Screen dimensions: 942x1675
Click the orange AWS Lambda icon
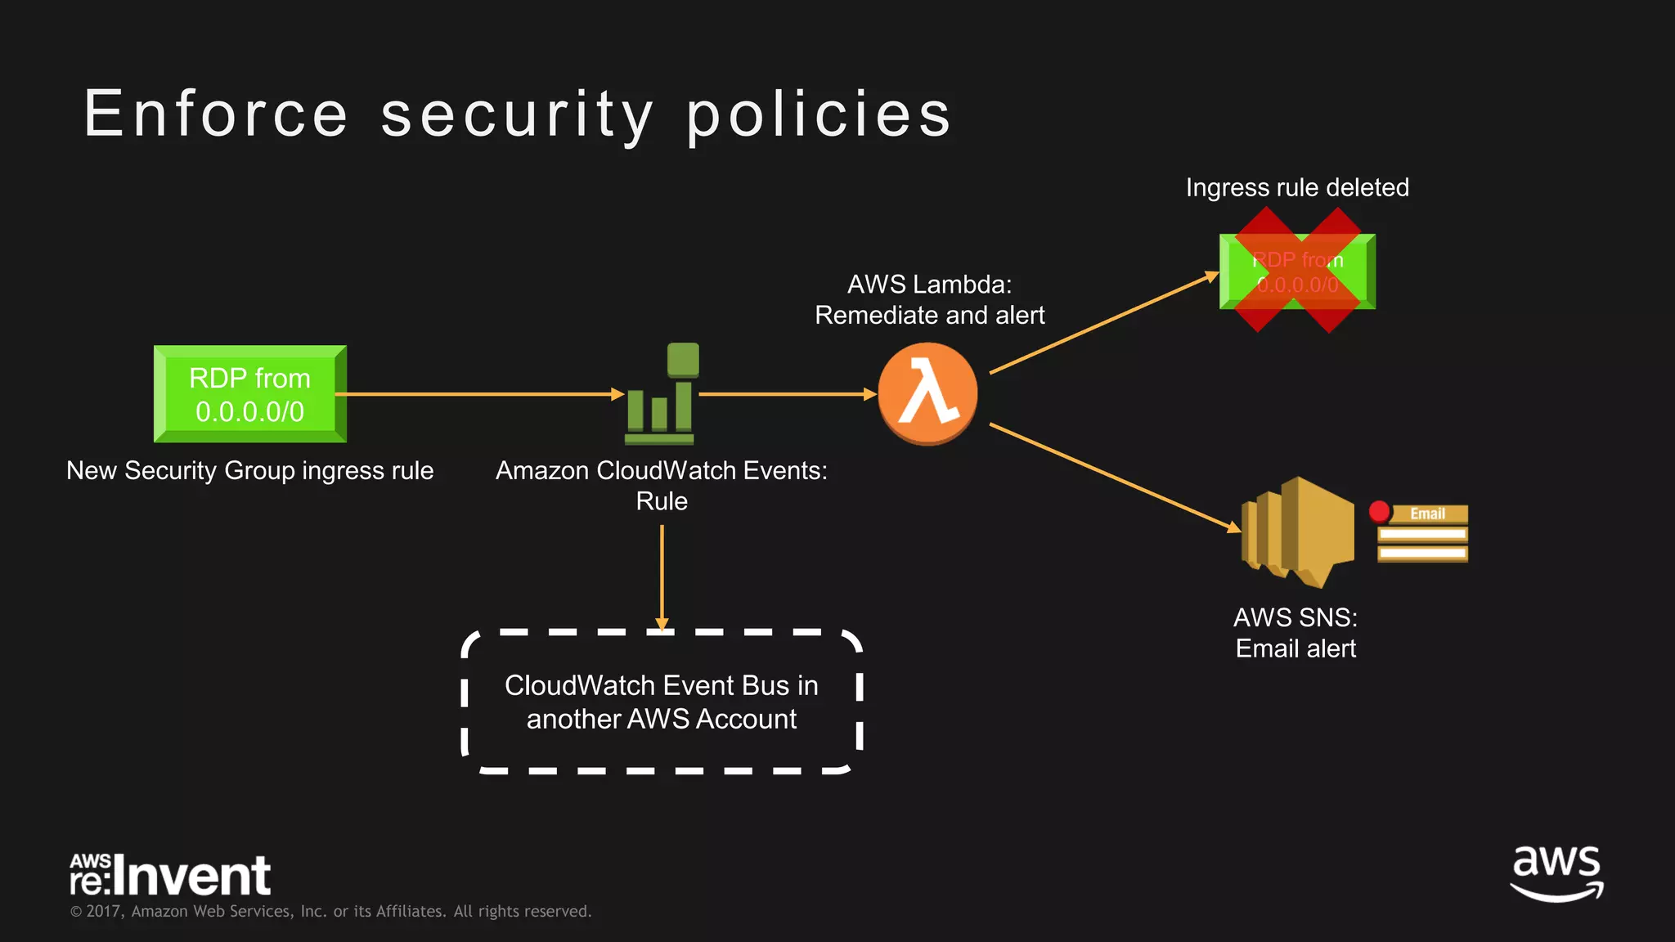pos(927,393)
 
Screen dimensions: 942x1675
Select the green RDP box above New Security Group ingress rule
pos(250,394)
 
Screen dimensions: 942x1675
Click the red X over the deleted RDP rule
pos(1297,271)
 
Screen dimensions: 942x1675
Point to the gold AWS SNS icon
pos(1297,532)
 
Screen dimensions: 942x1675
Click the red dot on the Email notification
pos(1379,512)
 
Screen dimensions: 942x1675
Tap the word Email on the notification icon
pos(1427,514)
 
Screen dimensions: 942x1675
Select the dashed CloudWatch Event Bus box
pos(662,702)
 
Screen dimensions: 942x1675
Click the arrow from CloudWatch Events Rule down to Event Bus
pos(662,576)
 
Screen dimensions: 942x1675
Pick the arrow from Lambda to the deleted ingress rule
pos(1104,323)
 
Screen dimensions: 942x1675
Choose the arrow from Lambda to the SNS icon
pos(1112,477)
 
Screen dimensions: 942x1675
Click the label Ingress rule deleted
pos(1297,187)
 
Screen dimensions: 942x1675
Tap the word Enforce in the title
pos(216,114)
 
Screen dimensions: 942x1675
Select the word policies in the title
pos(819,114)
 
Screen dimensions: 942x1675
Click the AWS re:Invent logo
pos(170,875)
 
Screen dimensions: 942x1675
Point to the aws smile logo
pos(1556,873)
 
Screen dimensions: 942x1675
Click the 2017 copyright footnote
pos(330,911)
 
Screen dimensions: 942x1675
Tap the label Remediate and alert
pos(930,315)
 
